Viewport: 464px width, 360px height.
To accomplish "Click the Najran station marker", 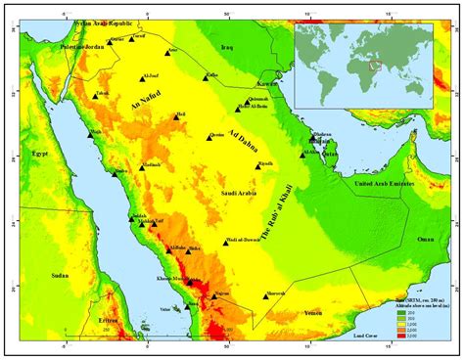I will click(217, 296).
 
